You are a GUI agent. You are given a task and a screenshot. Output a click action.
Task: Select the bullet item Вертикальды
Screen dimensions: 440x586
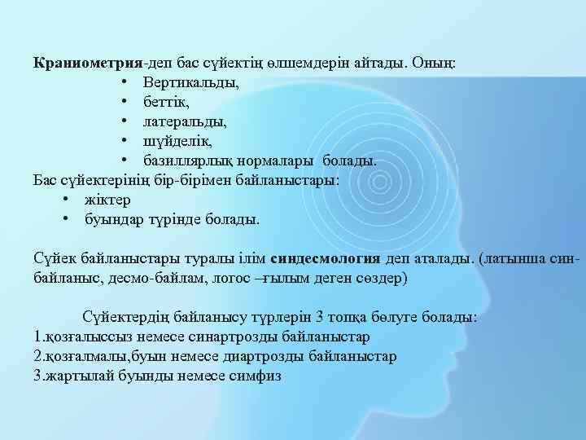(x=190, y=83)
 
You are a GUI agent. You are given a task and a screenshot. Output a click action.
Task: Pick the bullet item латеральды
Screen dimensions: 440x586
(x=185, y=121)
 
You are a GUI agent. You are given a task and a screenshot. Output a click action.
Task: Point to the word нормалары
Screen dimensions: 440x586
(x=282, y=161)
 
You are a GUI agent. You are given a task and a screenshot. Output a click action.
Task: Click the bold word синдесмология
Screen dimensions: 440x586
(x=324, y=258)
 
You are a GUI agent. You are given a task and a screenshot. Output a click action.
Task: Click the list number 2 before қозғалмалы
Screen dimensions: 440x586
(x=37, y=356)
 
